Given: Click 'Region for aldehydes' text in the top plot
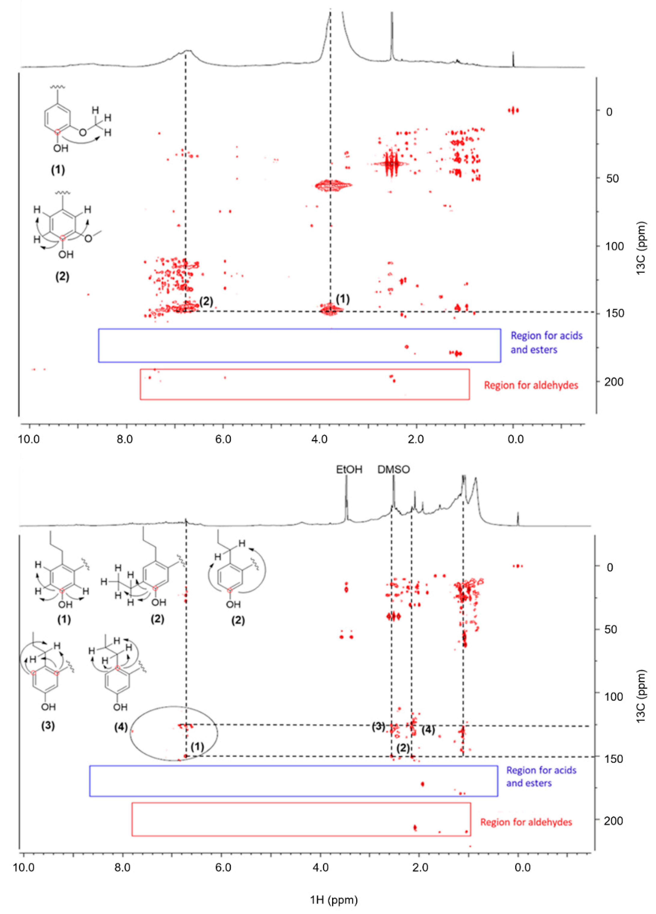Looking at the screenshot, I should pos(531,385).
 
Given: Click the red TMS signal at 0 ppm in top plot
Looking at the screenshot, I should pos(513,110).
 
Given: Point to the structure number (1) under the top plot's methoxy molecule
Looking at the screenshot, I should pos(58,170).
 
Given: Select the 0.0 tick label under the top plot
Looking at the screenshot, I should pos(515,439).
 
